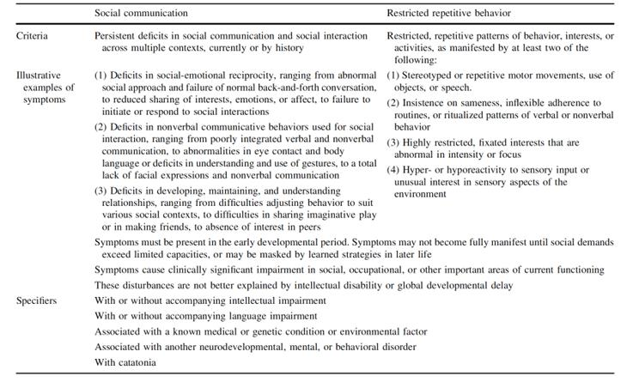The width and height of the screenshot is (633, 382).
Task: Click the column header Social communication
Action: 141,14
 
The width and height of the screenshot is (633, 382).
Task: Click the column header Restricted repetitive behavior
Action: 449,14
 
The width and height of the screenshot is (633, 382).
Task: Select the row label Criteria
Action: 33,37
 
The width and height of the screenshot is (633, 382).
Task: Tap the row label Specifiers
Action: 39,300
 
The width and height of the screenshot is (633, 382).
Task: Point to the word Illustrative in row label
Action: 40,76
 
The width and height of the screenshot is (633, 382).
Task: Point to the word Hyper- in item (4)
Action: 423,169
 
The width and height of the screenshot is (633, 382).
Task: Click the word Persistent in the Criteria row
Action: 119,37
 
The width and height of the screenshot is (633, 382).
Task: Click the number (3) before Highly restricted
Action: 393,142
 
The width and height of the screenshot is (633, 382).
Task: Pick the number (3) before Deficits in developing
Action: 100,191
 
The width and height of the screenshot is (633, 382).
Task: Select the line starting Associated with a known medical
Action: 260,330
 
